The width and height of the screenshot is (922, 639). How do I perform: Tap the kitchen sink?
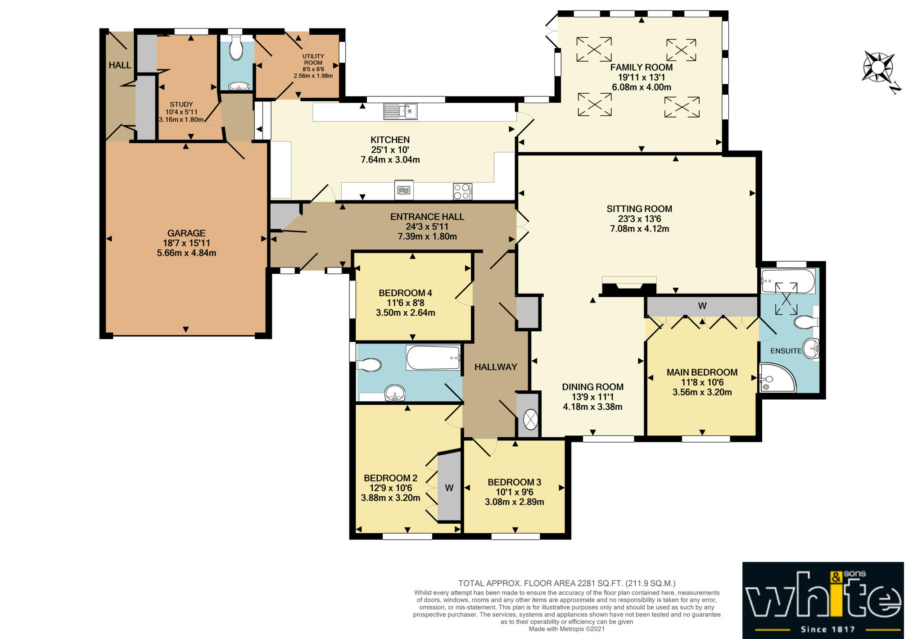(400, 111)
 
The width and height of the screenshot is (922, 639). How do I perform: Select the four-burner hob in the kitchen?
(462, 191)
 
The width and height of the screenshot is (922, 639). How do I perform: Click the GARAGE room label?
(186, 233)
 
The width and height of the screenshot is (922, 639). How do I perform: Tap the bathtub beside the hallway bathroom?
(433, 358)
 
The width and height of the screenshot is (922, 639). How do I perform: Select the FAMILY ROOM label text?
(641, 68)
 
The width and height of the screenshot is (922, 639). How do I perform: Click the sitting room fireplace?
(629, 286)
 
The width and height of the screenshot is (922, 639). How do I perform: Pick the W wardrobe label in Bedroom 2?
(449, 488)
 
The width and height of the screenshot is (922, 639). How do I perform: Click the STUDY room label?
(181, 104)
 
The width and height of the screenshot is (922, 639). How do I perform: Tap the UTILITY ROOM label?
(313, 59)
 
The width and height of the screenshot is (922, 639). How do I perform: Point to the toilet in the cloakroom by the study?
(236, 48)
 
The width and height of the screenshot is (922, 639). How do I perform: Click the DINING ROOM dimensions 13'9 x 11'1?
(592, 397)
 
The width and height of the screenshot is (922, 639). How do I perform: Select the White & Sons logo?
(823, 600)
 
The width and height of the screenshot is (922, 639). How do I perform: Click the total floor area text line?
(567, 583)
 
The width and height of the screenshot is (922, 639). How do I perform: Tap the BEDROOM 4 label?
(405, 293)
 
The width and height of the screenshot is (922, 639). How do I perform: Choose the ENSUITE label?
(786, 351)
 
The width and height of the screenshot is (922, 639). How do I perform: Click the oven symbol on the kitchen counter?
(404, 190)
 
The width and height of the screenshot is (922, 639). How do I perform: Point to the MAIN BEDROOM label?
(702, 372)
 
